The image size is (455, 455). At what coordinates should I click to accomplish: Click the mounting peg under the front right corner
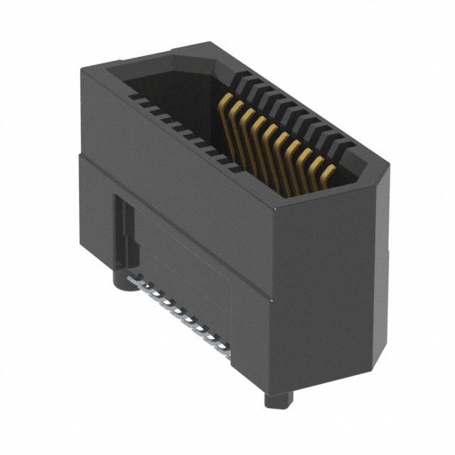278,398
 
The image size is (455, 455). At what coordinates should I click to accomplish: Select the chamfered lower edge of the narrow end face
377,355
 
